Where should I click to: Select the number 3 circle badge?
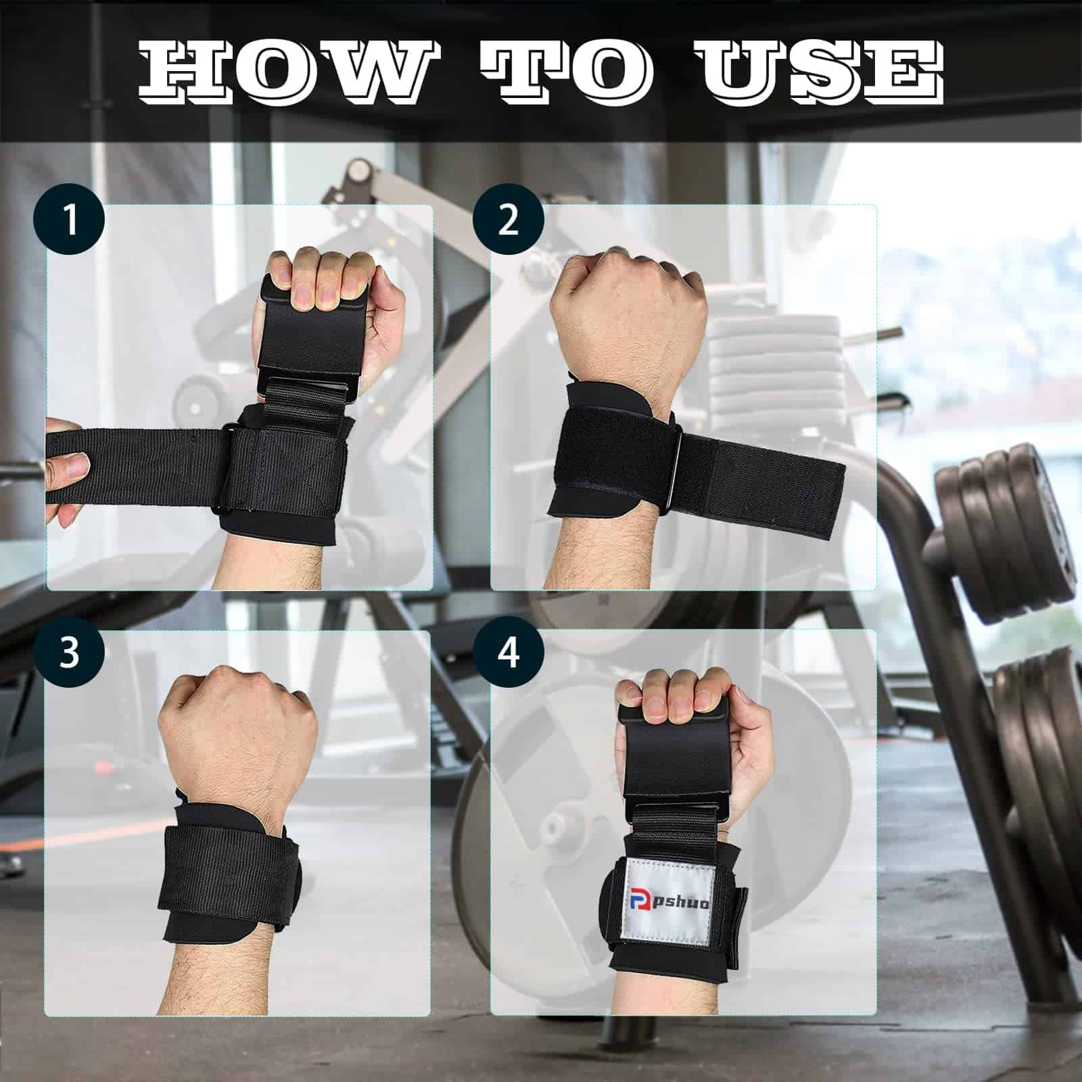[70, 653]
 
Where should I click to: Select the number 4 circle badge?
[509, 653]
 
